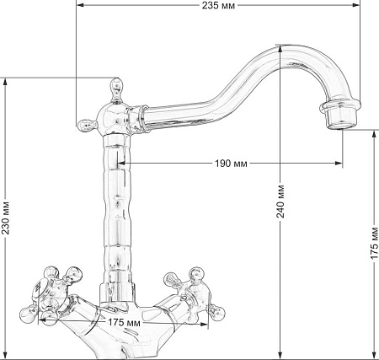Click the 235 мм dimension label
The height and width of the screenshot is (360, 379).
point(218,5)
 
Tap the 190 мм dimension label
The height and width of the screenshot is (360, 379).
point(231,164)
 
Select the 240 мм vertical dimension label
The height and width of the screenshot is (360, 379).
point(280,201)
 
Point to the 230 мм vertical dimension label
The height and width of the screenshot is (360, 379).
point(6,218)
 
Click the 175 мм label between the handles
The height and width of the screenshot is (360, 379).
point(124,322)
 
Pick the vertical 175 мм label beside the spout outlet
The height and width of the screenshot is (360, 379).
point(374,243)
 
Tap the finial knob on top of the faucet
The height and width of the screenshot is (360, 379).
point(116,90)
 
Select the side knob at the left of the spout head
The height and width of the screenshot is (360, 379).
point(86,126)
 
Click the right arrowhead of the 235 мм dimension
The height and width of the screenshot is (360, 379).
point(356,5)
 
